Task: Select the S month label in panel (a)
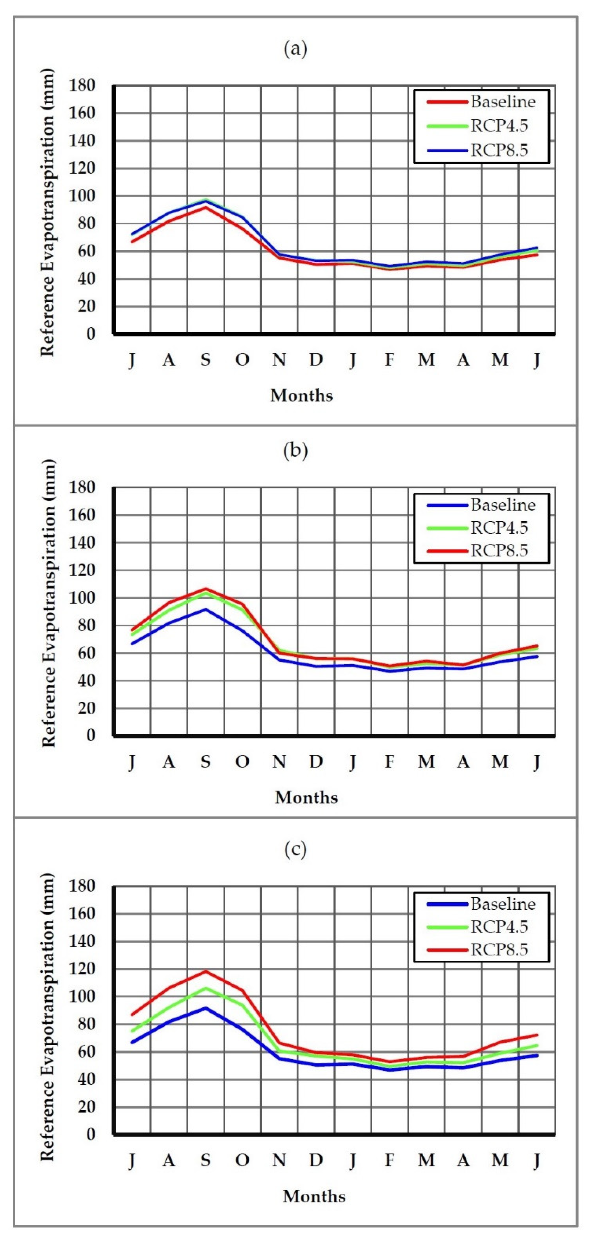click(205, 360)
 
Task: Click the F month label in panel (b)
click(390, 762)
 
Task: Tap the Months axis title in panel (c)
click(314, 1196)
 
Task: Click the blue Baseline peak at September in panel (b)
click(206, 609)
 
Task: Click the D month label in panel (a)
click(316, 360)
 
